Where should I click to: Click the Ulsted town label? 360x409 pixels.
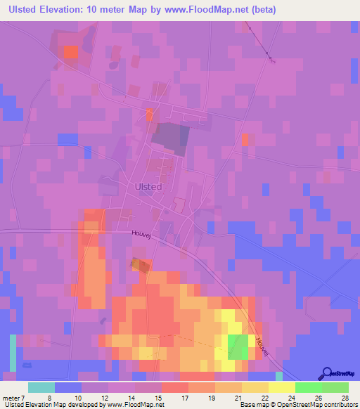click(x=148, y=187)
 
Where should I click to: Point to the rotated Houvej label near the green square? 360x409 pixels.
click(x=262, y=344)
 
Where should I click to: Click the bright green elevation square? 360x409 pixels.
click(x=239, y=346)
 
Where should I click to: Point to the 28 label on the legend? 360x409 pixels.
click(x=345, y=397)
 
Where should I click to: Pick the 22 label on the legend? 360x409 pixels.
click(x=265, y=397)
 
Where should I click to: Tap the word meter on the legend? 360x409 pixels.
click(x=12, y=397)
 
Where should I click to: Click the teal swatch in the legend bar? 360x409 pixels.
click(x=41, y=387)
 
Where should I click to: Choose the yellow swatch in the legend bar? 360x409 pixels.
click(x=282, y=387)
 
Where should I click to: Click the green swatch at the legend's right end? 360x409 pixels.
click(x=335, y=387)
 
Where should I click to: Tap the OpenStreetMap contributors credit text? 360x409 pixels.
click(x=318, y=405)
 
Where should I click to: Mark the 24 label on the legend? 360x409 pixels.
click(x=292, y=397)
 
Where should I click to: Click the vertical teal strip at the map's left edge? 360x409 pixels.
click(x=13, y=353)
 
